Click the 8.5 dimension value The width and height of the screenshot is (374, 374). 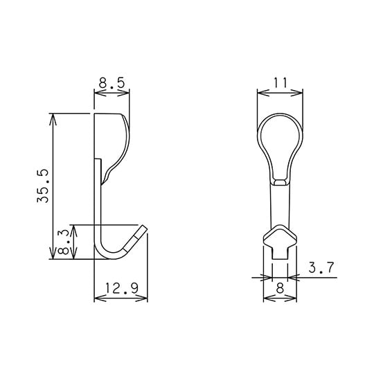(112, 83)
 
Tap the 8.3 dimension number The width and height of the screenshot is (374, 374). (64, 242)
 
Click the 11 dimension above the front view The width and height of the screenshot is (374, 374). (280, 82)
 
